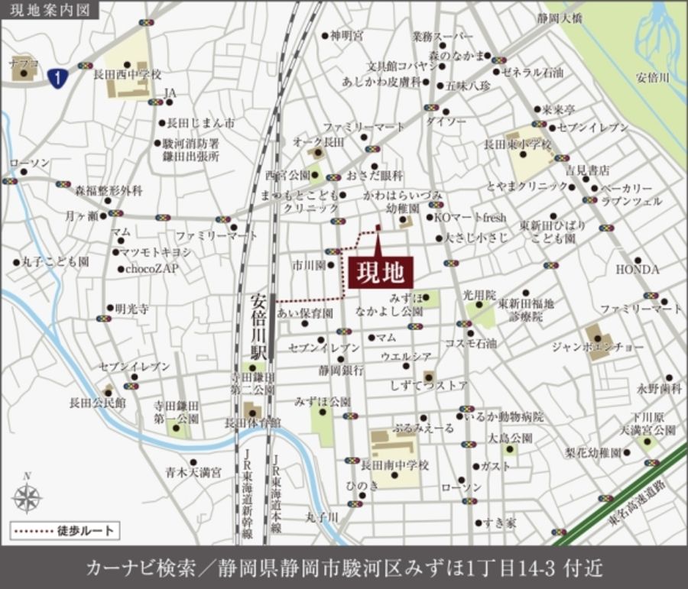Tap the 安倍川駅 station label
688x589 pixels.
(260, 327)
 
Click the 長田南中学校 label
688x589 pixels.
(395, 464)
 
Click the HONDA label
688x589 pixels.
(638, 270)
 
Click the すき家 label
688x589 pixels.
(501, 523)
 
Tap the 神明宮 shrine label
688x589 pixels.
(347, 35)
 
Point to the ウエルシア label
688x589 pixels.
(407, 356)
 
